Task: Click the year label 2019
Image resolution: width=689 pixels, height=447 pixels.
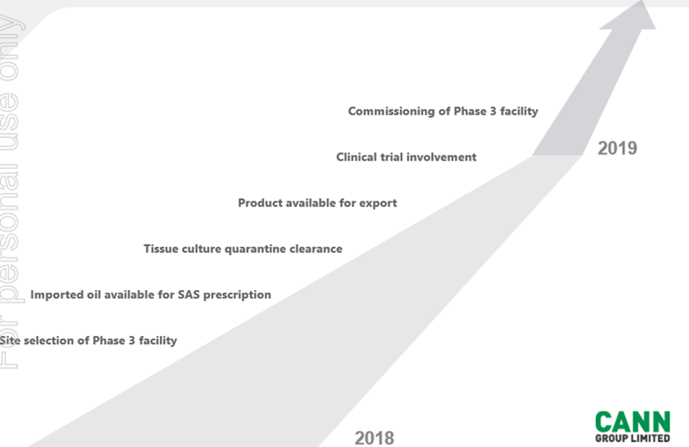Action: pos(617,149)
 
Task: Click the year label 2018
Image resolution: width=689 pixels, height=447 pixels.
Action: pos(374,438)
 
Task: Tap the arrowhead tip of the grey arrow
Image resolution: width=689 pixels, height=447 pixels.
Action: pos(643,1)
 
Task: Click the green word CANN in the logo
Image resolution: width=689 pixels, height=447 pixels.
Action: pos(633,423)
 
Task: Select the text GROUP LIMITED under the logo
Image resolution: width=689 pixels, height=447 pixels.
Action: pos(633,438)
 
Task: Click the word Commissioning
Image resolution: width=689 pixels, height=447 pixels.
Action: pos(391,112)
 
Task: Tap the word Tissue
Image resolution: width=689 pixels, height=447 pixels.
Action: pos(161,249)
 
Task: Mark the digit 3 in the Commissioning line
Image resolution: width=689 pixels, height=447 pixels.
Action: pos(493,111)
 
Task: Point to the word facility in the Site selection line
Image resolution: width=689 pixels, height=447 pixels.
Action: pos(158,341)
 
